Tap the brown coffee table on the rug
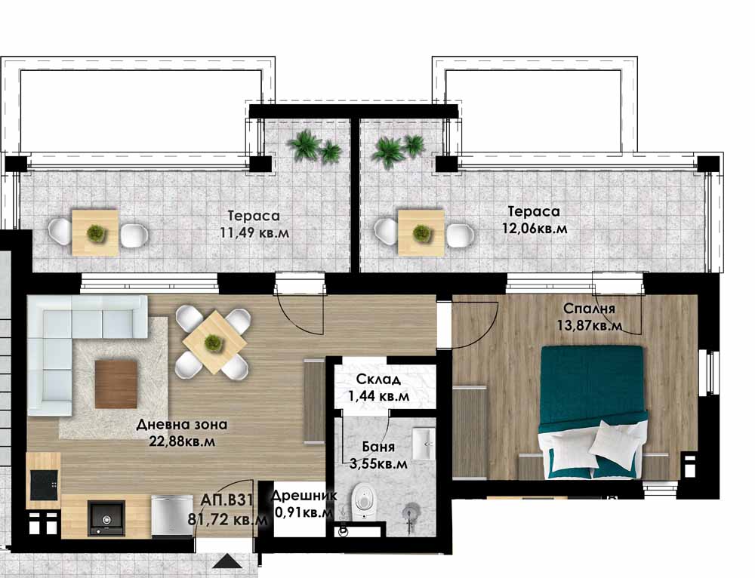[116, 384]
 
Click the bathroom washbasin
[424, 443]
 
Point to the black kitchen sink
[106, 518]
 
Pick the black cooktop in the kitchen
[44, 485]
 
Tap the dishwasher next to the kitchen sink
[171, 516]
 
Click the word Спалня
[589, 308]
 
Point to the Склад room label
[378, 380]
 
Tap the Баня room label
[378, 447]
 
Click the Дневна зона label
[181, 425]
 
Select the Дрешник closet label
[304, 496]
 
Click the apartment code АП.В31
[226, 500]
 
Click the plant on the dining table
[212, 343]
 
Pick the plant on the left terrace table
[96, 233]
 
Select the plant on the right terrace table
[422, 233]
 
